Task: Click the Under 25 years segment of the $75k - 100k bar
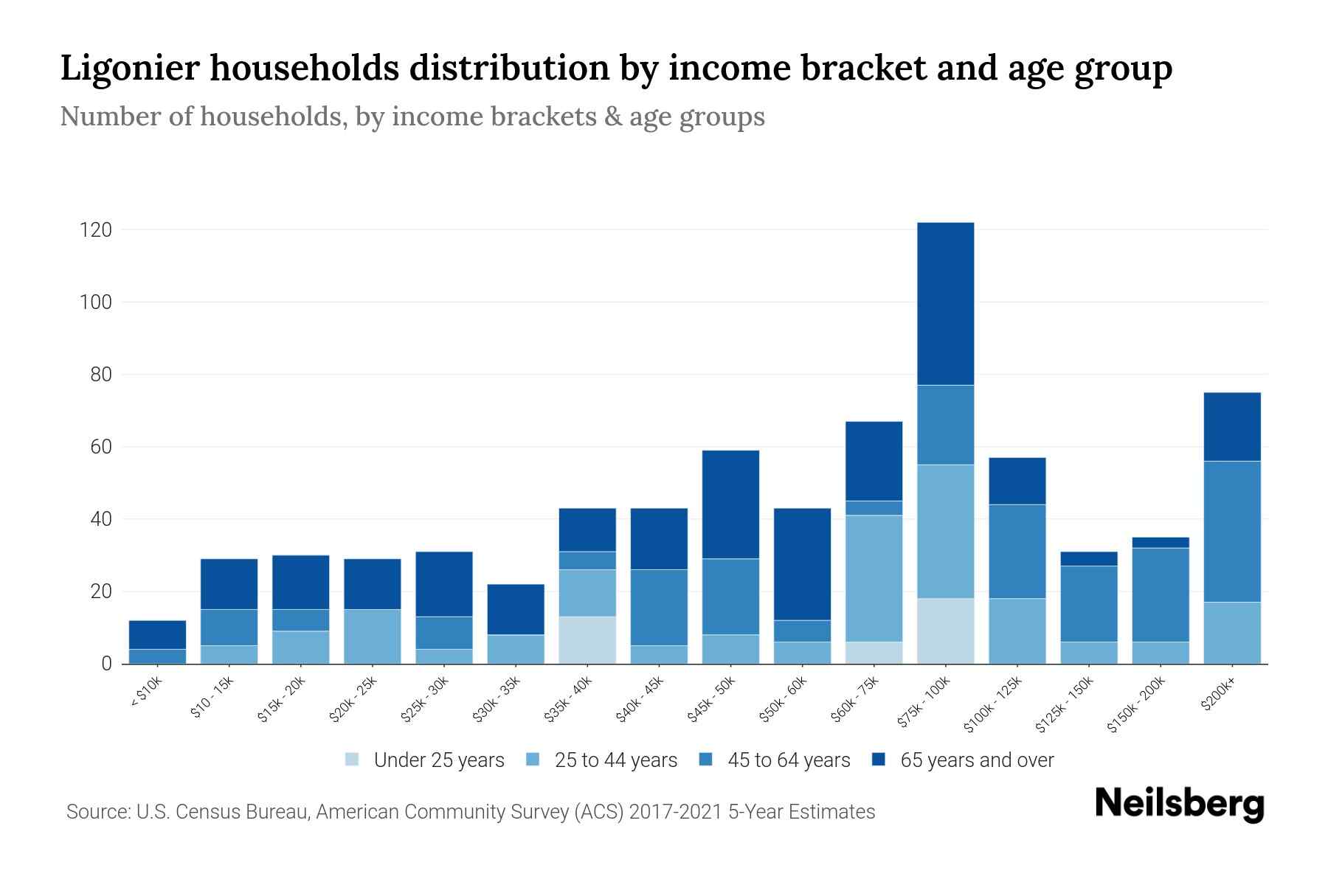(945, 631)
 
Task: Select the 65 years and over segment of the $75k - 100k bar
(945, 303)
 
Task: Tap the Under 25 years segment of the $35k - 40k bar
(587, 639)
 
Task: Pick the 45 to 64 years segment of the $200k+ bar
(1231, 531)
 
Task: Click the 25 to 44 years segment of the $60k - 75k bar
(874, 577)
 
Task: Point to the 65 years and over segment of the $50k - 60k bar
(802, 563)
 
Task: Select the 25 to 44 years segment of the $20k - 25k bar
(373, 636)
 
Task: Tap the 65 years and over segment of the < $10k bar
(157, 634)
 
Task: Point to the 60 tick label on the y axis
(100, 447)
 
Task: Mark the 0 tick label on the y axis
(106, 664)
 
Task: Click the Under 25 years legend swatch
(352, 759)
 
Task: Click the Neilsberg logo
(1179, 803)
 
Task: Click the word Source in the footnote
(96, 812)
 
